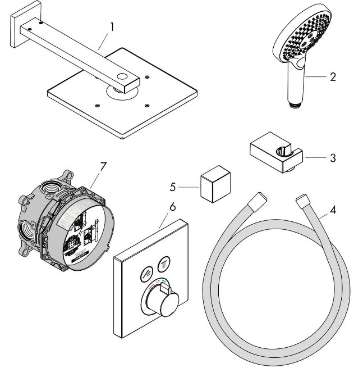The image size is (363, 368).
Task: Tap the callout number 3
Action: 333,158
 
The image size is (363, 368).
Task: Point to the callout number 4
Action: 333,211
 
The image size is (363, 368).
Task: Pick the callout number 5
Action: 173,185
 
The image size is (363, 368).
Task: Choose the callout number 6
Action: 172,207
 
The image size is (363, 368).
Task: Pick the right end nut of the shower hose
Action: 301,199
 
